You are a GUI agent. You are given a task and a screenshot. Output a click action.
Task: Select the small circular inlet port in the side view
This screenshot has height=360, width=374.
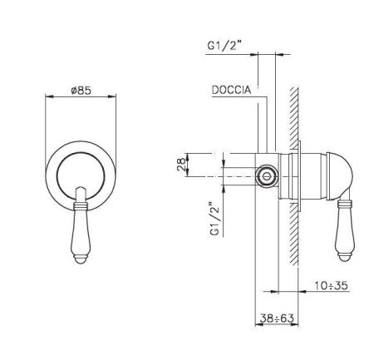click(x=266, y=175)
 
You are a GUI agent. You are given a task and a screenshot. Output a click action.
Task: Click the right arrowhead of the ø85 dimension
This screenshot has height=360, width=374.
click(x=116, y=96)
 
